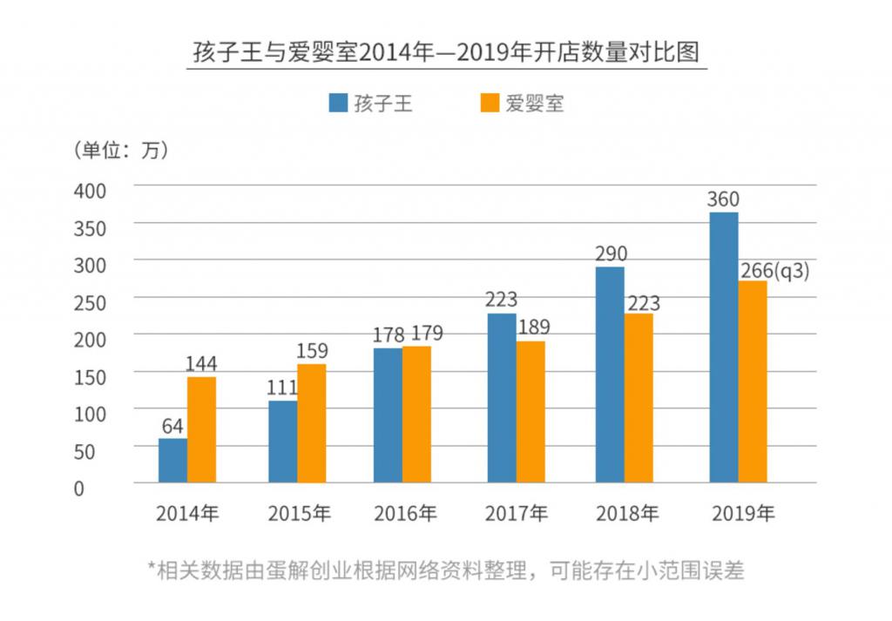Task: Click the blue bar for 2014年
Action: [172, 460]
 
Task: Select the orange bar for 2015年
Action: [311, 423]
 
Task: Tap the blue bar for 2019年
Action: [724, 348]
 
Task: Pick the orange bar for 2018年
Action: [638, 397]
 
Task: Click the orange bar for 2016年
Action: [416, 414]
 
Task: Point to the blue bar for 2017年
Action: [501, 397]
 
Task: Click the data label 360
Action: [723, 199]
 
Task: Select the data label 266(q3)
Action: [774, 270]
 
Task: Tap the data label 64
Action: [172, 426]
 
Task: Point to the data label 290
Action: [611, 254]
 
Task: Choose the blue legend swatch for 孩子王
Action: [337, 103]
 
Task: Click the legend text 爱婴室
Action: [535, 104]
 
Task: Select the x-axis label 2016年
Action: [405, 514]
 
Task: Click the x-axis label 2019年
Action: [742, 514]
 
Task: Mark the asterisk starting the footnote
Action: [152, 568]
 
